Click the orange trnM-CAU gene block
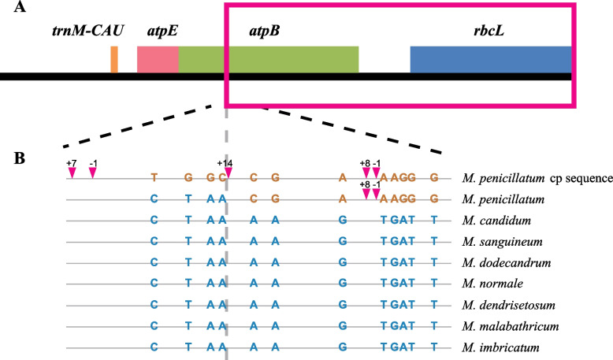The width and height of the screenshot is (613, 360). [114, 60]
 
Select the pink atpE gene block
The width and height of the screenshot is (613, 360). [158, 60]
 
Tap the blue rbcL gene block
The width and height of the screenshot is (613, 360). [490, 60]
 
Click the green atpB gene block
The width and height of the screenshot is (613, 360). [268, 60]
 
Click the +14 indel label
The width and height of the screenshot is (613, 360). [225, 162]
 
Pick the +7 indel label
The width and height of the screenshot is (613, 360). [71, 162]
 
